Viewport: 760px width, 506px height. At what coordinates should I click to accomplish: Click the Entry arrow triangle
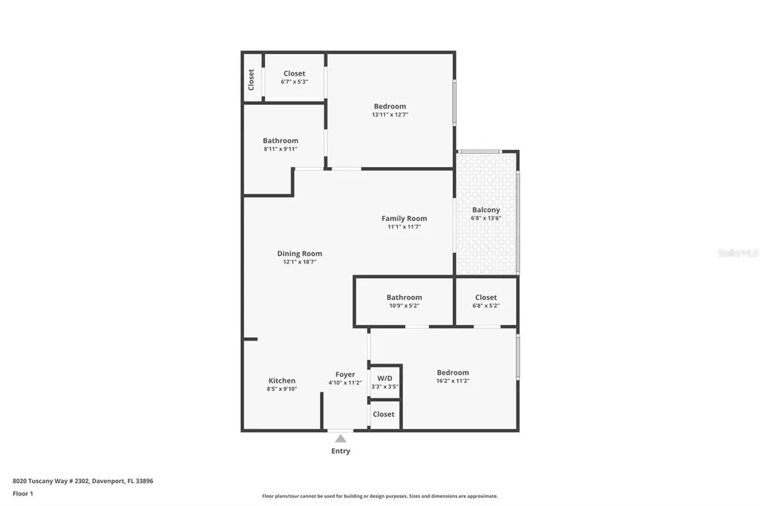340,438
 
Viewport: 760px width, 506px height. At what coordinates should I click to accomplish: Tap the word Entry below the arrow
341,451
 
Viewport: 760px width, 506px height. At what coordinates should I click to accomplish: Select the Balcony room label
486,210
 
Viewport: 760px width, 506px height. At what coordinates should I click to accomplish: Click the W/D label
384,378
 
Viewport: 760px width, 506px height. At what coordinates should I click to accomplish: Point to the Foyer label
345,375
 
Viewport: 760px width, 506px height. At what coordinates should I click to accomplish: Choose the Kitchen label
282,381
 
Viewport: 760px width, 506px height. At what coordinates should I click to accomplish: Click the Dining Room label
300,254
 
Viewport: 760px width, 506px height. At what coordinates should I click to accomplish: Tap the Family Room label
404,218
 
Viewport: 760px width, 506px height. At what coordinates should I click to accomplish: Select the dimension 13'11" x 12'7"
390,115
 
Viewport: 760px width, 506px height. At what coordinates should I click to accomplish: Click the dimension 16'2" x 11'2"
453,381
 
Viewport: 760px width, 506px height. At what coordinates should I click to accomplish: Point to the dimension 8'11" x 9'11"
281,149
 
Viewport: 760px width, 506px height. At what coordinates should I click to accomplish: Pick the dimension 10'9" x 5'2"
404,306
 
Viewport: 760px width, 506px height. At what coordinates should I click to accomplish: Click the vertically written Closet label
252,79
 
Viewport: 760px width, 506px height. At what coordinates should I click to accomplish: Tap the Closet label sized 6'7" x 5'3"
295,73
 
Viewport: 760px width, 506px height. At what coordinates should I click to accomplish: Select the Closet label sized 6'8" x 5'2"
486,298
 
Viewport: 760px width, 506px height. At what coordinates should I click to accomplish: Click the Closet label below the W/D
384,414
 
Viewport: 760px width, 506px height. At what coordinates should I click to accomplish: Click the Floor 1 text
23,493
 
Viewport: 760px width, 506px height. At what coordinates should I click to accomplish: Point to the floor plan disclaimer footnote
379,496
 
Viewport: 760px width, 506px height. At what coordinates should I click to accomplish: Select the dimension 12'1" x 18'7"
300,262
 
